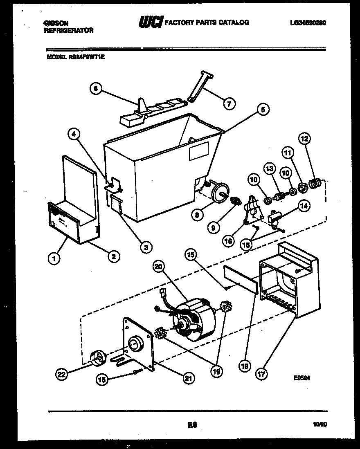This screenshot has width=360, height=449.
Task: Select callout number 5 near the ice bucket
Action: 263,109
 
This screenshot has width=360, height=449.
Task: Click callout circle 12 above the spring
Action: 304,139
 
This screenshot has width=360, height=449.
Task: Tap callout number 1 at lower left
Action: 54,258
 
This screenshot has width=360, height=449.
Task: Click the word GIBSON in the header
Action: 55,23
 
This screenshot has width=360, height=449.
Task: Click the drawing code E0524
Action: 302,378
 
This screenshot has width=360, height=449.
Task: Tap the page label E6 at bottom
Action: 191,425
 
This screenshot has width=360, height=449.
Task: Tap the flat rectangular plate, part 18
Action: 241,279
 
